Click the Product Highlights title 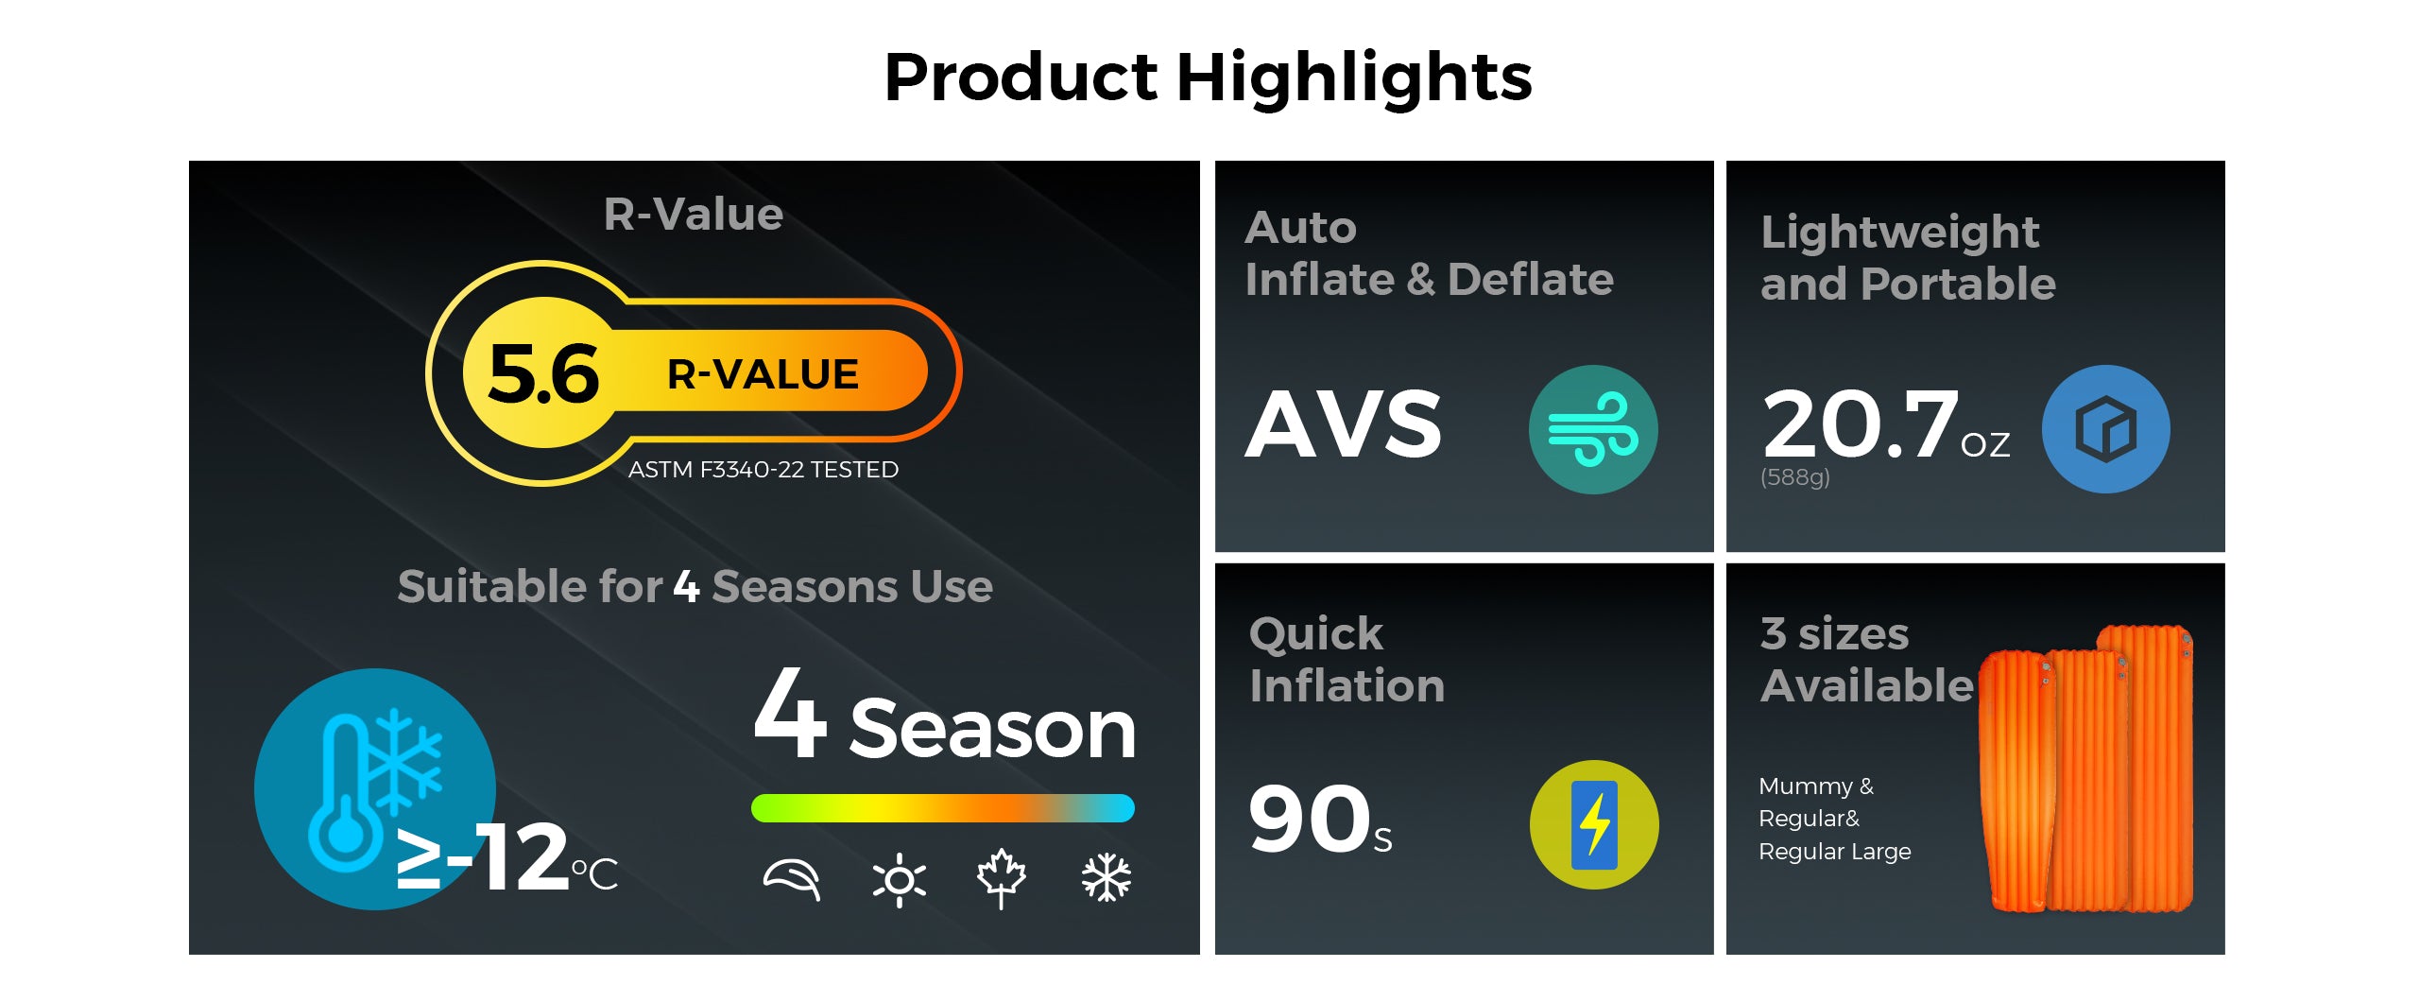click(1208, 78)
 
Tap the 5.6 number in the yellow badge click(543, 373)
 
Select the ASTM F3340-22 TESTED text click(763, 470)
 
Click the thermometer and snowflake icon click(375, 789)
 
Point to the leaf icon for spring click(792, 879)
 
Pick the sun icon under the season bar click(899, 880)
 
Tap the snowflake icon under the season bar click(1106, 878)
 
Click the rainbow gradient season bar click(942, 808)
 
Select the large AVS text click(1343, 424)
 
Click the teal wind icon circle click(1593, 429)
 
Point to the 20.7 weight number click(1859, 424)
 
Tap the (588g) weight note click(1794, 477)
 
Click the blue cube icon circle click(2106, 429)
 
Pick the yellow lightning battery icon click(1594, 824)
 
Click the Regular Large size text click(1834, 852)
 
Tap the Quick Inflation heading click(1347, 660)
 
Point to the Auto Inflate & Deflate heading click(1429, 253)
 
